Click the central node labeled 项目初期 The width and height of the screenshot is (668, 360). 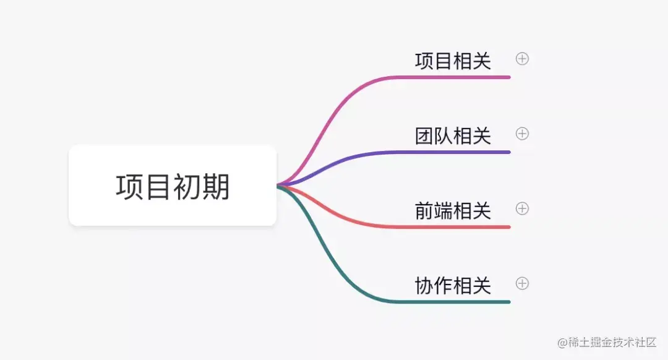click(x=173, y=186)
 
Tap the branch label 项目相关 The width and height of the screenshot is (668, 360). click(x=453, y=61)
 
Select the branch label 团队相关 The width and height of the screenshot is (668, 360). click(x=453, y=136)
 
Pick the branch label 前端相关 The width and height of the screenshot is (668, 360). click(x=453, y=211)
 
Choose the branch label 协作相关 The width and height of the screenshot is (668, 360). click(x=453, y=286)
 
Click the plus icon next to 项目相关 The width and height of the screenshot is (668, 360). click(x=522, y=59)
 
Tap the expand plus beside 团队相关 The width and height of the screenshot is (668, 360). click(x=522, y=134)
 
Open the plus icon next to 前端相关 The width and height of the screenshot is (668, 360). click(x=522, y=208)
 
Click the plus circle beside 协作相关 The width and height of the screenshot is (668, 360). click(x=522, y=283)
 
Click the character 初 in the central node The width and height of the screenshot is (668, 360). click(x=187, y=186)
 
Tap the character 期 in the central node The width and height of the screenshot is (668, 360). click(x=215, y=186)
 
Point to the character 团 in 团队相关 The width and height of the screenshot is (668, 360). click(x=424, y=136)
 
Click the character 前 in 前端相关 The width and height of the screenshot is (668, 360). click(x=424, y=211)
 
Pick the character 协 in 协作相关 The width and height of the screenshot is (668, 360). click(x=424, y=286)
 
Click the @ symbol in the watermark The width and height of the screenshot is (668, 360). click(x=562, y=343)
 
